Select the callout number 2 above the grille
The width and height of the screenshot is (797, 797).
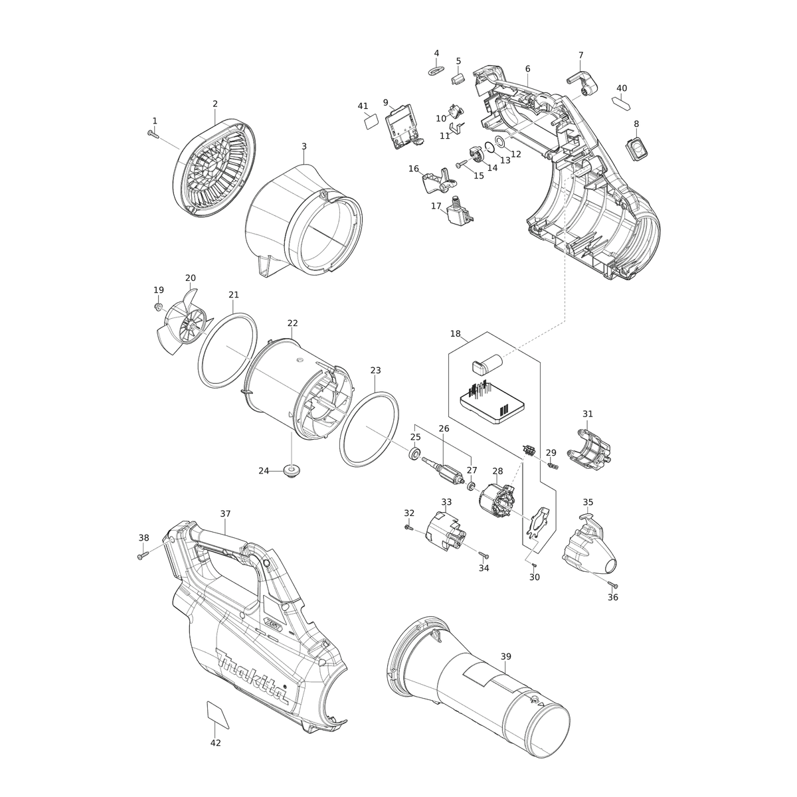(215, 104)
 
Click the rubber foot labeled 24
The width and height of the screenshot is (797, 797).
(291, 470)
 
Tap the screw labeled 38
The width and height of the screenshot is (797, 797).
(141, 555)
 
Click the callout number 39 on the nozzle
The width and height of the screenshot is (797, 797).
(506, 656)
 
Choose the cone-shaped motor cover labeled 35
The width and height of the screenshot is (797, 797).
(588, 548)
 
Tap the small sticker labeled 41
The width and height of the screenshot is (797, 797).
(370, 120)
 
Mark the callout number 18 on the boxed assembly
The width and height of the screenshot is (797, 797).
(455, 333)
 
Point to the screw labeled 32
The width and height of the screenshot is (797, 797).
(408, 527)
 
